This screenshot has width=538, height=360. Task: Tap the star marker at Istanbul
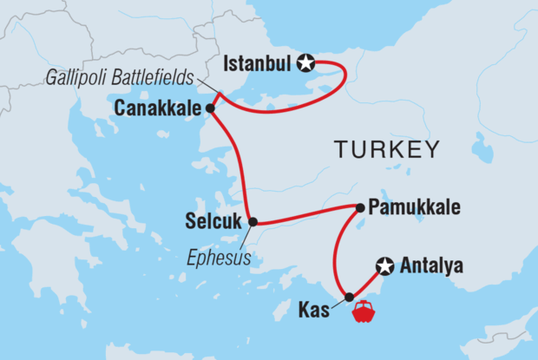click(x=305, y=62)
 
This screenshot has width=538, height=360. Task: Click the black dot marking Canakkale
click(x=210, y=108)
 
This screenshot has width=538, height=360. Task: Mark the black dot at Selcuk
click(x=253, y=222)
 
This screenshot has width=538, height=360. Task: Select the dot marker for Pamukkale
click(x=359, y=207)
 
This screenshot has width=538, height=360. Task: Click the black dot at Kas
click(x=350, y=298)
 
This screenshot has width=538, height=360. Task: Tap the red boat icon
click(x=363, y=311)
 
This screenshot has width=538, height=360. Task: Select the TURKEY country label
click(x=386, y=150)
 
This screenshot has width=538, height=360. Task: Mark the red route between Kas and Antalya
click(x=367, y=282)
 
